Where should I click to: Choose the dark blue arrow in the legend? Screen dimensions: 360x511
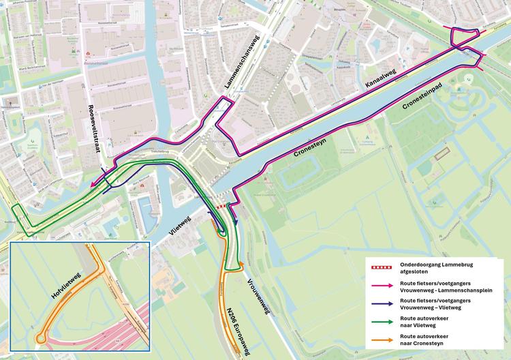tap(382, 304)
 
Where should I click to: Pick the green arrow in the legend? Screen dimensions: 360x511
tap(382, 322)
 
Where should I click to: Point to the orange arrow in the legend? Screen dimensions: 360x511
tap(382, 342)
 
